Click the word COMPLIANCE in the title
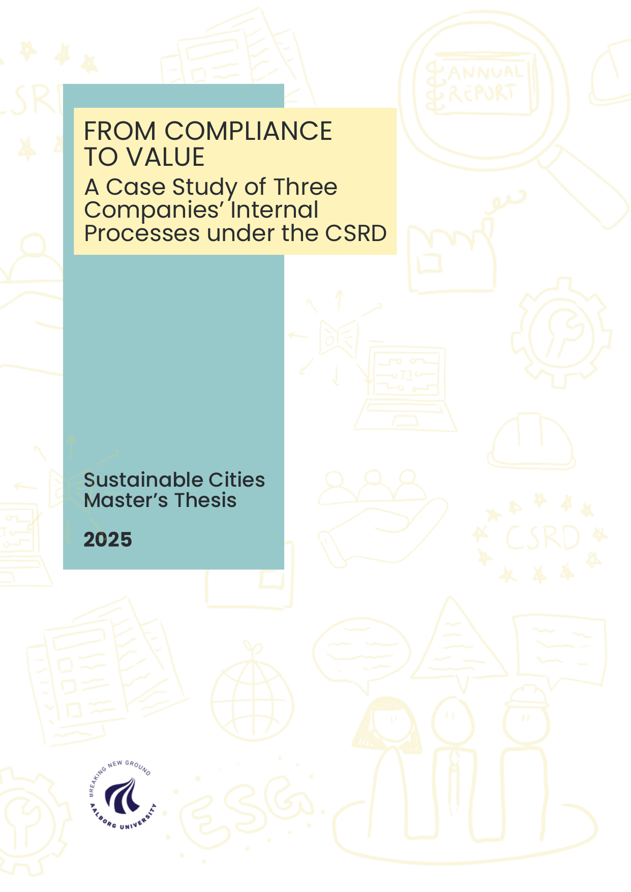pos(248,131)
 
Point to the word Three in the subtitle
pos(306,187)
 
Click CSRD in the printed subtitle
pos(356,233)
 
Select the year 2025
pos(108,540)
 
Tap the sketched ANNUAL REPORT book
pos(480,84)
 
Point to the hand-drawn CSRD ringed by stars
pos(542,538)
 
